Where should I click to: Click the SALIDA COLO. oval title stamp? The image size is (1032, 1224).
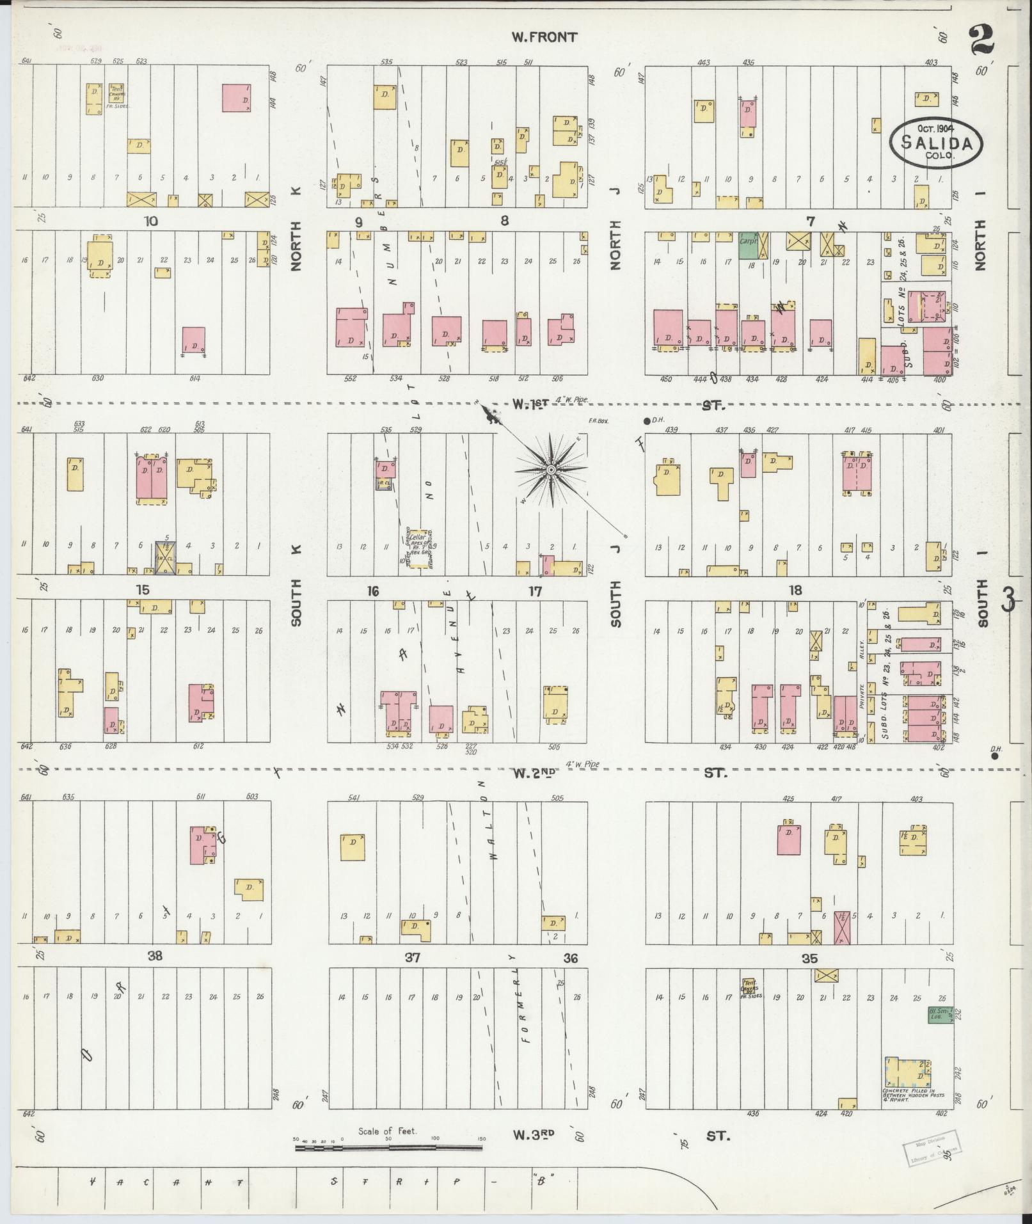click(x=935, y=142)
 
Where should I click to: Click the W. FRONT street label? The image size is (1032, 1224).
click(x=544, y=37)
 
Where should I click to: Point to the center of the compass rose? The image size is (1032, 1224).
click(x=550, y=470)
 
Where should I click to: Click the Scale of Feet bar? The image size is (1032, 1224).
click(x=388, y=1147)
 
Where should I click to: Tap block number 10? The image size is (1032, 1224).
click(x=151, y=221)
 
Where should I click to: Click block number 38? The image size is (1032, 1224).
click(x=155, y=956)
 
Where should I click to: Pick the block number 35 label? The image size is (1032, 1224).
click(x=810, y=958)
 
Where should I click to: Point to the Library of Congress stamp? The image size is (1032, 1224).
click(x=932, y=1149)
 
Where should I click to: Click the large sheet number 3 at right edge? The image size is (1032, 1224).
click(x=1010, y=599)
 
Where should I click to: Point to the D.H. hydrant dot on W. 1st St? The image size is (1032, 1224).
click(x=647, y=420)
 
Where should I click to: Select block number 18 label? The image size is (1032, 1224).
click(x=795, y=590)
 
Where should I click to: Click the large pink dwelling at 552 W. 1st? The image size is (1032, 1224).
click(x=350, y=326)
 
